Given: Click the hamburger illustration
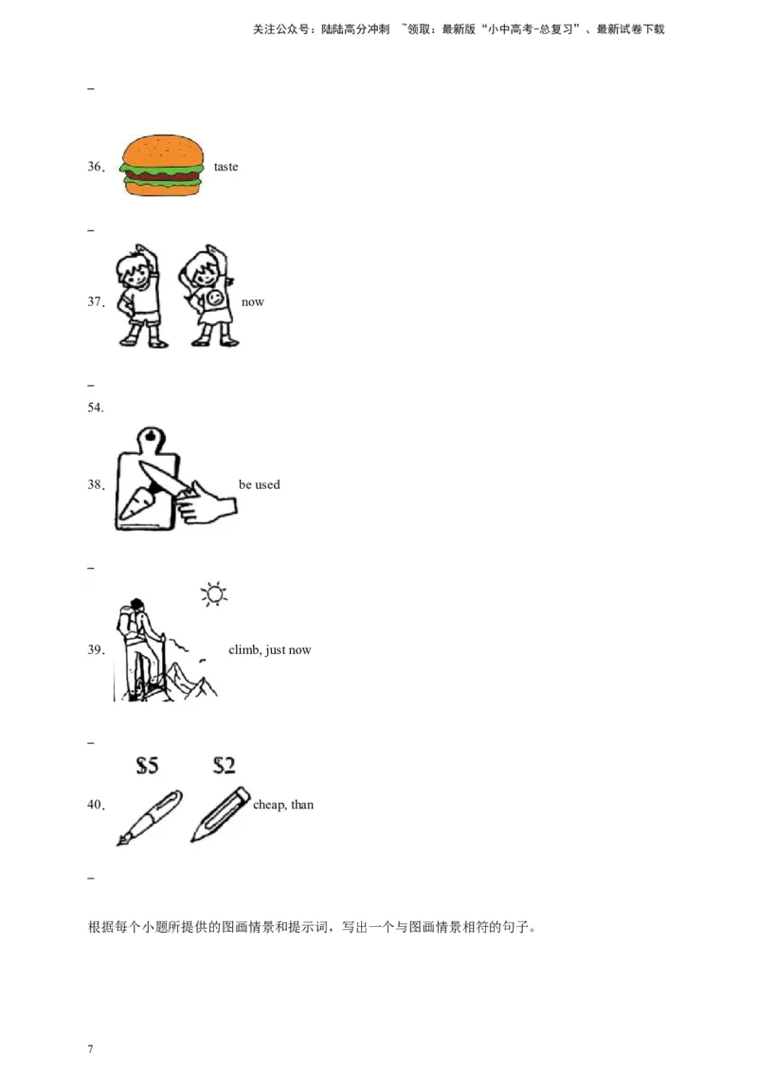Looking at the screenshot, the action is pos(162,165).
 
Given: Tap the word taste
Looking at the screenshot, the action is pos(226,166).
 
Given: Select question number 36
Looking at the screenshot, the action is pos(97,166).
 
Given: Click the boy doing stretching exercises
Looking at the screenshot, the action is pos(141,296).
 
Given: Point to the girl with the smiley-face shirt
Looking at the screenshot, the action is pos(208,296).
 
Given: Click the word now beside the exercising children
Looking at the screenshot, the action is pos(252,301).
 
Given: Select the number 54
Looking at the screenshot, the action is pos(96,408).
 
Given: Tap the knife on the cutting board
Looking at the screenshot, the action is pos(165,480).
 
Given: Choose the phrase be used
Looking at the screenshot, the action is pos(260,484).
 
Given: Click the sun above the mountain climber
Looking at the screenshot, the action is pos(214,594).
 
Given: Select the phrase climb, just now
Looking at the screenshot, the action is pos(269,649).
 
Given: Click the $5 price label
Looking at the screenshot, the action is pos(147,764).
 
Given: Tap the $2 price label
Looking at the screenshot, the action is pos(224,764).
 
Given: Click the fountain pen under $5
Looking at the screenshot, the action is pos(149,818).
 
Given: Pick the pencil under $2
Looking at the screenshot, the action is pos(220,814).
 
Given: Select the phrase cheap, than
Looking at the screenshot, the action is pos(283,805).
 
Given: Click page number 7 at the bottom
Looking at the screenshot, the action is pos(90,1049).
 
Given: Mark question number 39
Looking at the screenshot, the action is pos(97,649).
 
